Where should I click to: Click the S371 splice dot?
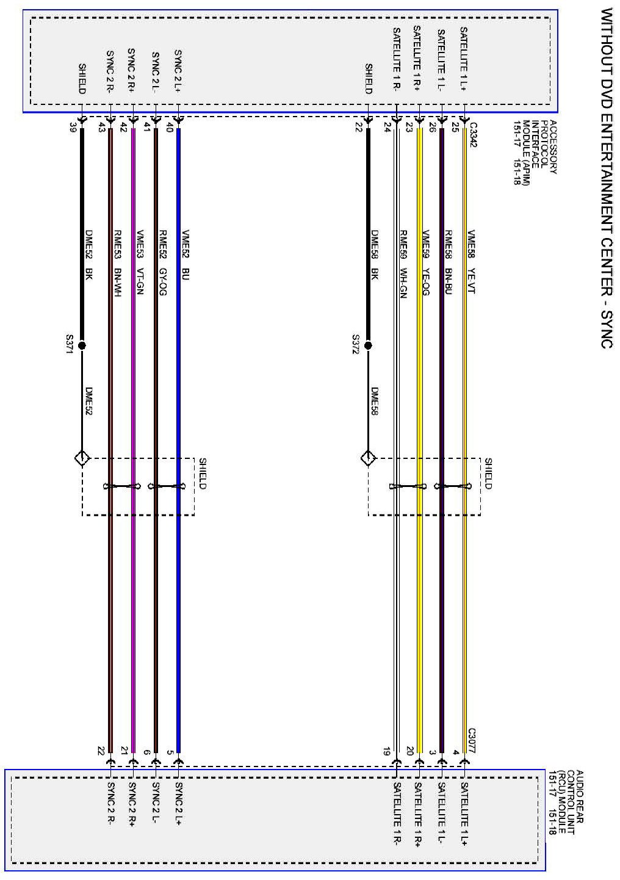pyautogui.click(x=82, y=345)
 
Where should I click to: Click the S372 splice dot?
pyautogui.click(x=368, y=345)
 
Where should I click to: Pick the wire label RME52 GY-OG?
pyautogui.click(x=163, y=262)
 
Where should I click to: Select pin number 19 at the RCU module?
pyautogui.click(x=387, y=752)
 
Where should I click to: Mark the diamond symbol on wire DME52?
pyautogui.click(x=82, y=458)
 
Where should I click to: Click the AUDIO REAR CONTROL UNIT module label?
pyautogui.click(x=567, y=800)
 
